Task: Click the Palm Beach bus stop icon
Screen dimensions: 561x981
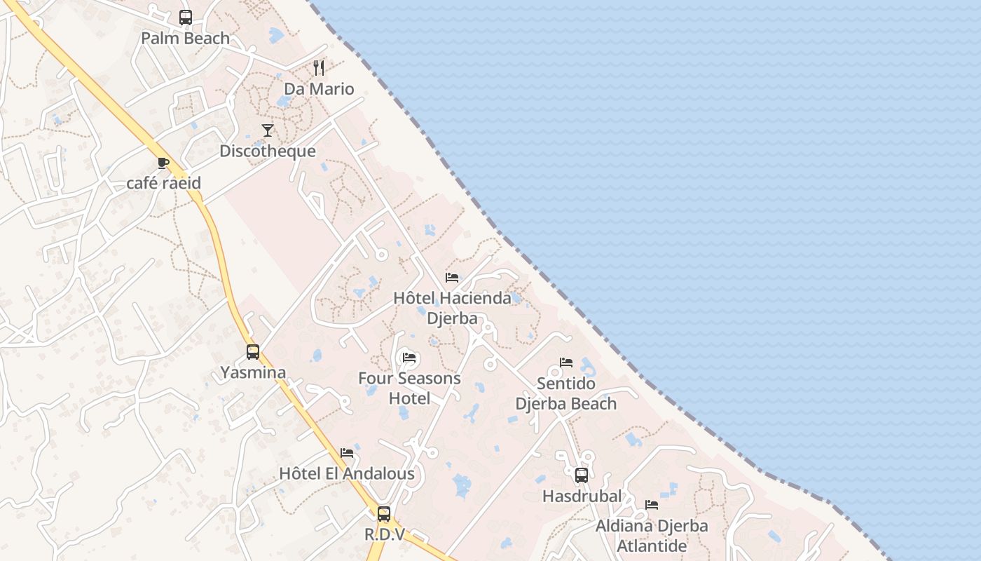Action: pos(186,18)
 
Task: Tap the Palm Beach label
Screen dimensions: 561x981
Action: pos(186,39)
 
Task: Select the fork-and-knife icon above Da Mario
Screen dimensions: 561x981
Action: pos(319,68)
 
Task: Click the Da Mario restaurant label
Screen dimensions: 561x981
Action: pos(319,89)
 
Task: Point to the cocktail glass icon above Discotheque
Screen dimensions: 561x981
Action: pos(268,130)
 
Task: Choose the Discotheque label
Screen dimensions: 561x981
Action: pos(268,151)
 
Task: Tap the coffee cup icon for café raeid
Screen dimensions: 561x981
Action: pos(163,163)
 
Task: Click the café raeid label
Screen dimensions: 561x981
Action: pos(163,183)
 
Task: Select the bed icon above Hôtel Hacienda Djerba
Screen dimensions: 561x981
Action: pos(452,278)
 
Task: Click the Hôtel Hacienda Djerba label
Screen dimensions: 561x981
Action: pos(452,308)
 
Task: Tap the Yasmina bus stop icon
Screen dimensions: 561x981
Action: pos(253,351)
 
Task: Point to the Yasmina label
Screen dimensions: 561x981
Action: pos(253,372)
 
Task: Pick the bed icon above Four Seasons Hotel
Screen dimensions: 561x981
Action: pos(409,358)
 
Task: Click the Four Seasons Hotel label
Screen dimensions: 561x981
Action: pos(409,388)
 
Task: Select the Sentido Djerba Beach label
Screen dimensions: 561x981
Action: pos(566,393)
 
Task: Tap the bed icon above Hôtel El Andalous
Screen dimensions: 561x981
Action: pos(347,453)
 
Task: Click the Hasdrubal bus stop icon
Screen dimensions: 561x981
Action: pos(582,475)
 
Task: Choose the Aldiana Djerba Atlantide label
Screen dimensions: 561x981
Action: pos(652,535)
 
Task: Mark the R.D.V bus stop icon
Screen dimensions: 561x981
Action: pos(384,513)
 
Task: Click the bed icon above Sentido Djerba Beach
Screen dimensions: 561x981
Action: pos(566,363)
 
